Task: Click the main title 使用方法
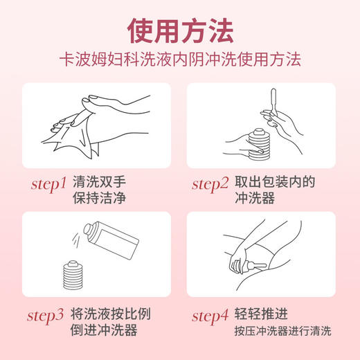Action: click(x=179, y=30)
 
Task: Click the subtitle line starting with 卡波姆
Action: click(x=179, y=62)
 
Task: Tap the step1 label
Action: click(x=49, y=184)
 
